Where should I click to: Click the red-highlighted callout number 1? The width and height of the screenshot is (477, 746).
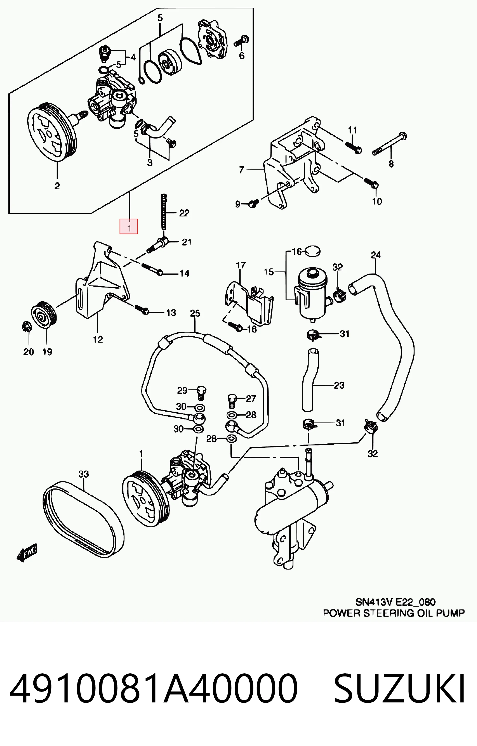pos(129,227)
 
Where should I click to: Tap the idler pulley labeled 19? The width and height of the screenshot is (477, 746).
pos(44,314)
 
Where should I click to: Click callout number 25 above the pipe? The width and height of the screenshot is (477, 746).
pos(195,313)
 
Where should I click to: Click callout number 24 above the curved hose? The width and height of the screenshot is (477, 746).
pos(376,255)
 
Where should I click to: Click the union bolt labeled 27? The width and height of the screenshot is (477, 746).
pos(232,401)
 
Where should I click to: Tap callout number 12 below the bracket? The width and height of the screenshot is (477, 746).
pos(98,339)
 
